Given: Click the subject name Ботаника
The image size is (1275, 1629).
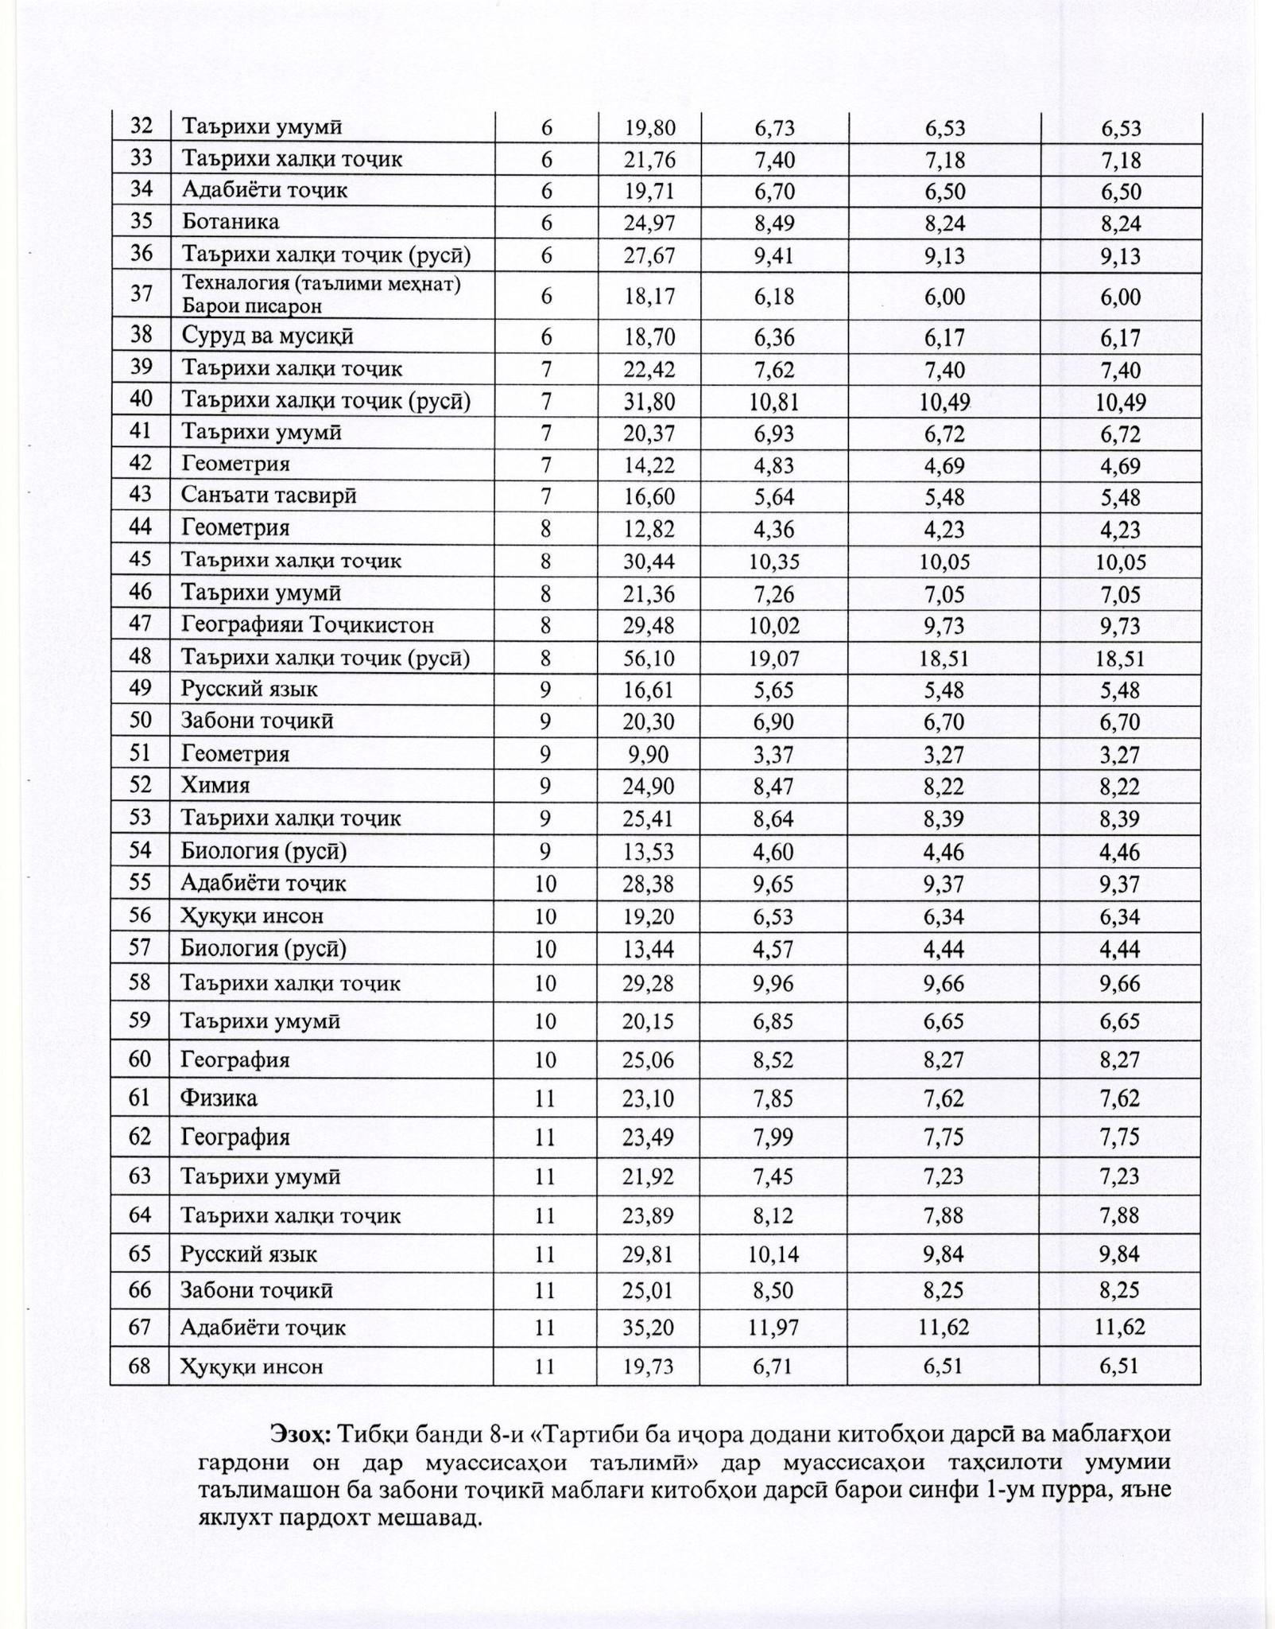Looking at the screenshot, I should coord(231,222).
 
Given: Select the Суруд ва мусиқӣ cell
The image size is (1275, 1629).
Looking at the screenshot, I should coord(267,336).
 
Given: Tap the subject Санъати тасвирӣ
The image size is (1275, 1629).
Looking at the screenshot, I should coord(269,496).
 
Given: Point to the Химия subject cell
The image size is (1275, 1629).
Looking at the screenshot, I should coord(215,786).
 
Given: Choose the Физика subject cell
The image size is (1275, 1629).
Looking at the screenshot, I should coord(219,1098).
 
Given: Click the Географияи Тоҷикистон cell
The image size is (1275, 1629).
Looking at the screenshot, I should coord(307,624).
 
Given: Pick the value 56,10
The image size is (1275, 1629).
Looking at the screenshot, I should coord(649,658).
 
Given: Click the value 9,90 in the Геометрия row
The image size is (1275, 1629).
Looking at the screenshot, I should coord(649,754).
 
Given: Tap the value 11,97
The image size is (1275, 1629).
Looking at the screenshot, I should coord(773,1327).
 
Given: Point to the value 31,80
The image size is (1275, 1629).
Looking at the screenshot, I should coord(649,402).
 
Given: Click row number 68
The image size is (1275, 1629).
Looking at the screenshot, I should coord(140,1366).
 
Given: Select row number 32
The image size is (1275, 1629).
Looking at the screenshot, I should coord(141,126).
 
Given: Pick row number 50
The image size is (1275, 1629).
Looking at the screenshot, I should coord(141,721).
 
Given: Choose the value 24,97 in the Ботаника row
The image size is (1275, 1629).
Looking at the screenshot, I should coord(649,223).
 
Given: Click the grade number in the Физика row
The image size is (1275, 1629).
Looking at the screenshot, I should coord(544,1098).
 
